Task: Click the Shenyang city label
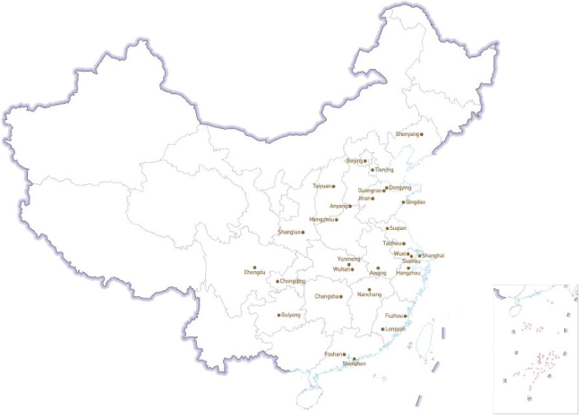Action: click(407, 134)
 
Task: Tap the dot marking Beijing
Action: click(365, 161)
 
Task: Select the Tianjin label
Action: click(383, 169)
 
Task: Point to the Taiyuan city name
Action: click(322, 186)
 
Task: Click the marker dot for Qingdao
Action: click(402, 202)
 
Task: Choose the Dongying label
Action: click(399, 188)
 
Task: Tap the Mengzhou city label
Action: click(321, 219)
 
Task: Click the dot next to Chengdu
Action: click(255, 267)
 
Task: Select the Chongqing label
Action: click(292, 281)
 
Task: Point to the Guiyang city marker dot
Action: click(278, 315)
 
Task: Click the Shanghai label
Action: click(433, 256)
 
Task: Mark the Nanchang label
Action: click(369, 294)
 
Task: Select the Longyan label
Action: click(395, 329)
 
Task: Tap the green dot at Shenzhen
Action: click(354, 359)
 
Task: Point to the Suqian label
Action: click(398, 228)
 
